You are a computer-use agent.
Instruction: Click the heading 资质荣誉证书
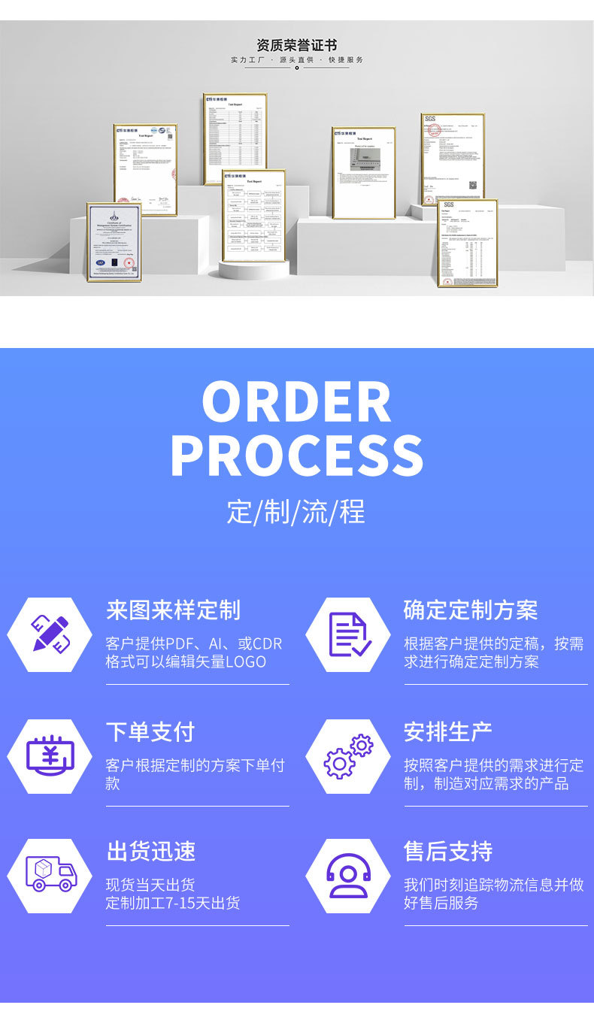click(296, 46)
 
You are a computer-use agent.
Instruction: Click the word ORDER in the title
click(296, 403)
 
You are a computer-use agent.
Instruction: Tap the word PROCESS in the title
click(296, 456)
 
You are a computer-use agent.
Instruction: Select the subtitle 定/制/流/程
click(296, 512)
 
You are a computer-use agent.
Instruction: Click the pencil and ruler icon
click(50, 634)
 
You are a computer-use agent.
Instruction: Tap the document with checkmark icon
click(348, 634)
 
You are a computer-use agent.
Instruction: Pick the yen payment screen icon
click(50, 755)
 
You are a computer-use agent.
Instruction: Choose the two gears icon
click(348, 755)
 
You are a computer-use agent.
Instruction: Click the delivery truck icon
click(50, 875)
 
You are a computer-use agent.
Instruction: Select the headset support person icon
click(348, 875)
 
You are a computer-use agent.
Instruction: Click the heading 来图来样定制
click(173, 610)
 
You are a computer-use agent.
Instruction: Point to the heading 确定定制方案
click(471, 610)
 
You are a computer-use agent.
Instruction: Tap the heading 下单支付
click(150, 731)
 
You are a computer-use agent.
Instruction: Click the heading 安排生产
click(448, 731)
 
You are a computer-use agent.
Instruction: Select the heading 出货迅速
click(151, 851)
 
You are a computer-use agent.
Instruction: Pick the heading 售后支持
click(448, 851)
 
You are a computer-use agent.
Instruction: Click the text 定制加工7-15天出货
click(173, 903)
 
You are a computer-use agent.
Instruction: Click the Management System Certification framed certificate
click(114, 241)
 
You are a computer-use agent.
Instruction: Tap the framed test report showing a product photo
click(364, 173)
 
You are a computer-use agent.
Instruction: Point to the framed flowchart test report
click(254, 216)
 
